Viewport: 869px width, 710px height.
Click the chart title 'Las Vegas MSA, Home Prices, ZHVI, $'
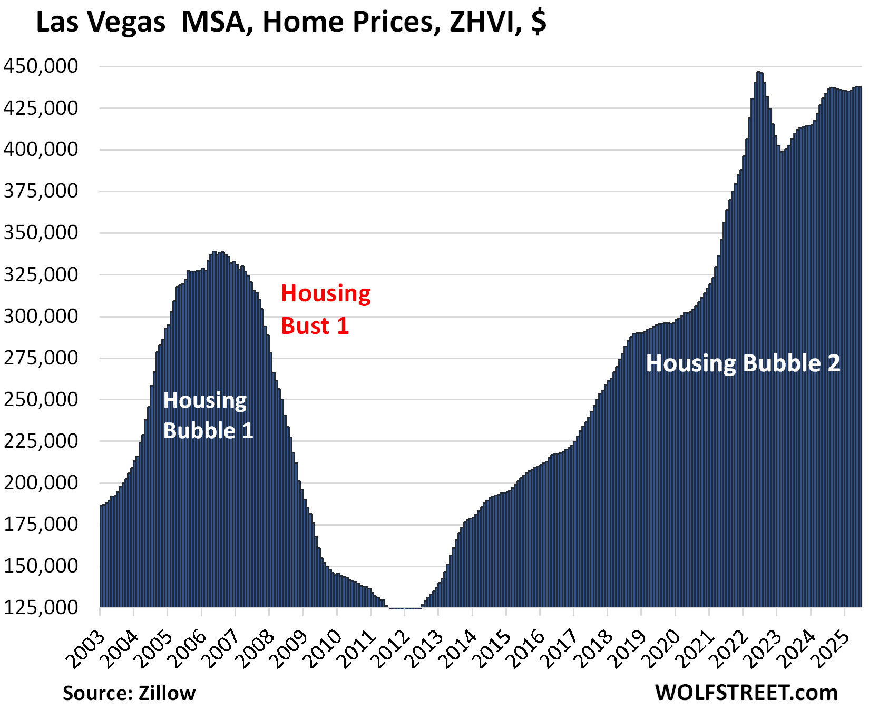[x=291, y=23]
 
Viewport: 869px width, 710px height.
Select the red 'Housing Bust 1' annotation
[x=325, y=310]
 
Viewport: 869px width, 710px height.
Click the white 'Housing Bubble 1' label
[x=208, y=416]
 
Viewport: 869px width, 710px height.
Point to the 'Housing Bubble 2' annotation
[x=743, y=363]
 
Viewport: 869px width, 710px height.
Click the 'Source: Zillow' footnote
[x=129, y=693]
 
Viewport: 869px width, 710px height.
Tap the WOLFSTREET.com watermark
[x=746, y=692]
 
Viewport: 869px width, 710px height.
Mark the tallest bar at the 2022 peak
[x=758, y=73]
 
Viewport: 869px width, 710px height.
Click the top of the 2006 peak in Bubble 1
[x=214, y=252]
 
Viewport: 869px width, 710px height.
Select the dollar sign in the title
[x=538, y=23]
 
